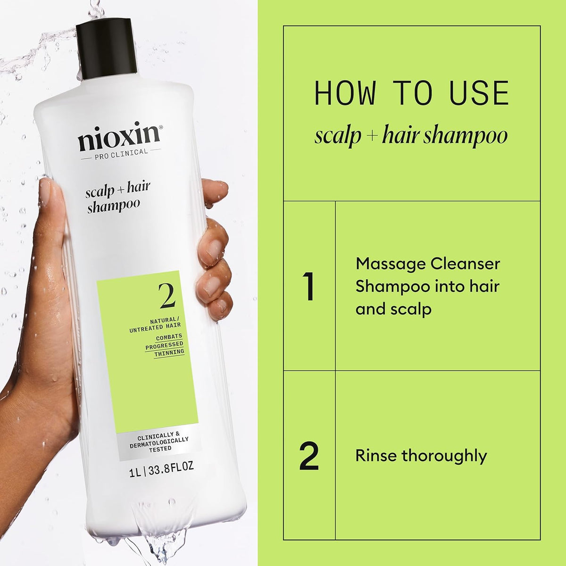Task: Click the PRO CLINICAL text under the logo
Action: click(x=121, y=151)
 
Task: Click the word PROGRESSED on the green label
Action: click(x=164, y=345)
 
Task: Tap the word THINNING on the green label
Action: click(x=169, y=352)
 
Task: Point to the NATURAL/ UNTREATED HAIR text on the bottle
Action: click(x=155, y=323)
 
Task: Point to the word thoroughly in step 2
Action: click(x=444, y=456)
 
